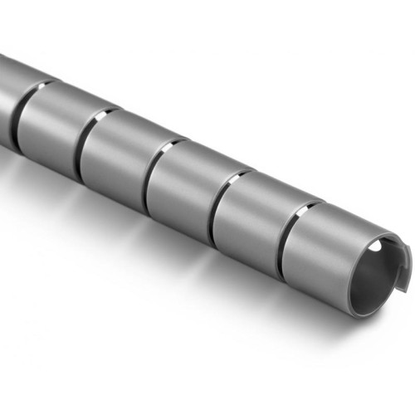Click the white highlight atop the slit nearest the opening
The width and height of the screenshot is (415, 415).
click(x=309, y=203)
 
